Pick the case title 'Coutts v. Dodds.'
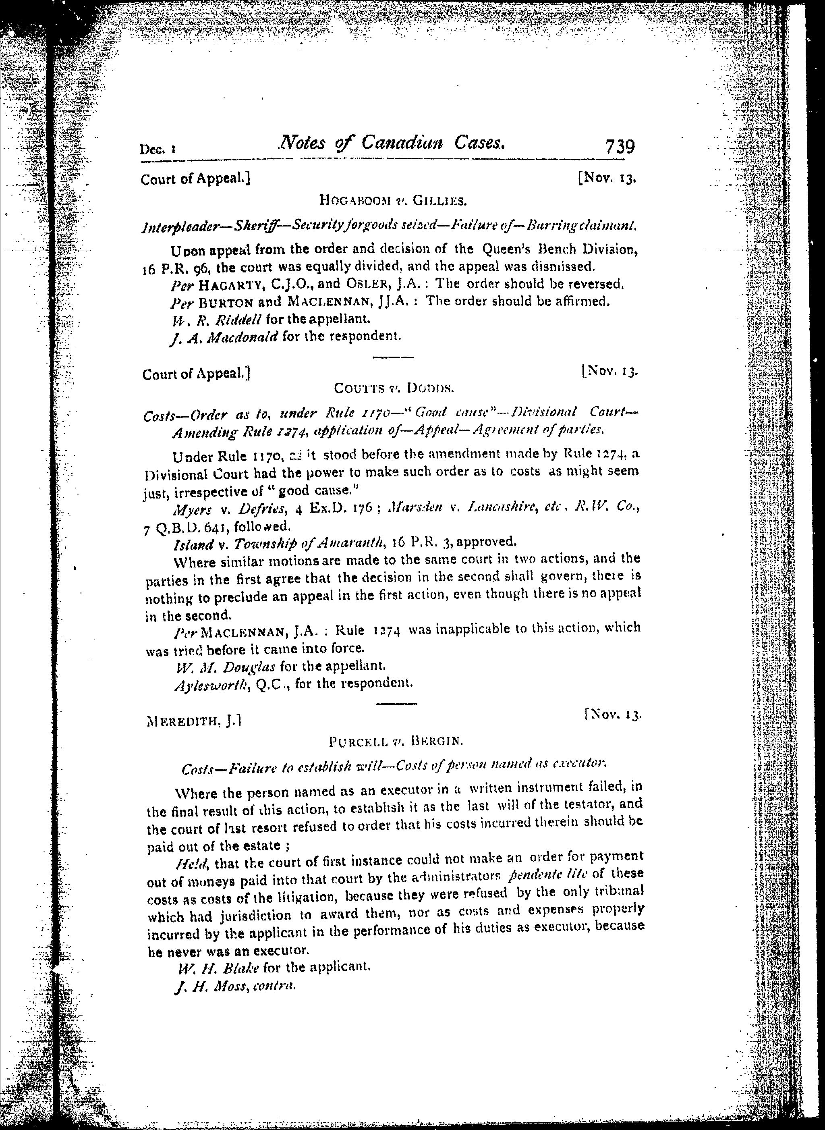coord(394,388)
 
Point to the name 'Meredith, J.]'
coord(195,721)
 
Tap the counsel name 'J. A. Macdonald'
coord(224,336)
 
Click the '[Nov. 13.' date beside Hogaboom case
coord(606,179)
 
